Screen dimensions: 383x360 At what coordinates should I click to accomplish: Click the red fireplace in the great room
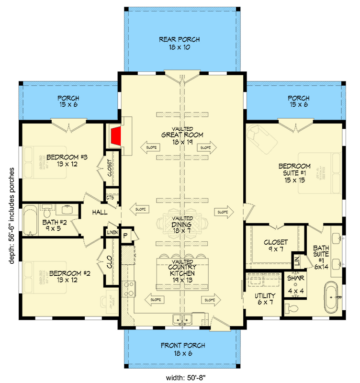(115, 137)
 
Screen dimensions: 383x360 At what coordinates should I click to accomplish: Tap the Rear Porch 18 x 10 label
(180, 43)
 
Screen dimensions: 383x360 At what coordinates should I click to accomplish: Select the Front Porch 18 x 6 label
(182, 349)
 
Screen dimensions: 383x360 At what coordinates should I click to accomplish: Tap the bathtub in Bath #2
(30, 220)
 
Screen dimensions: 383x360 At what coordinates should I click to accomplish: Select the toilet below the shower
(292, 307)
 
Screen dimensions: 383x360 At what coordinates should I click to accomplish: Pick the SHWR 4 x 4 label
(293, 284)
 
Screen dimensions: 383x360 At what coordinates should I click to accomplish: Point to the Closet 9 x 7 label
(275, 246)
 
